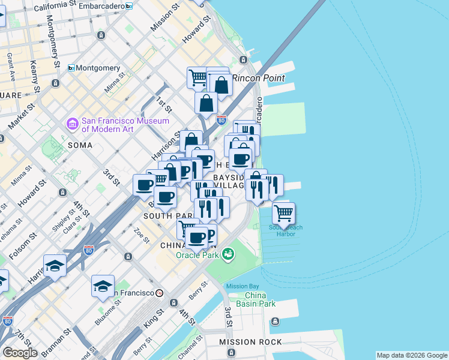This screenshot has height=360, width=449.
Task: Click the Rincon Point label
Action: pos(258,78)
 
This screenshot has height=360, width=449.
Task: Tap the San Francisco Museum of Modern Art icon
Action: pos(73,124)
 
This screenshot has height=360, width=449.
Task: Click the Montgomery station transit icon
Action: pos(71,68)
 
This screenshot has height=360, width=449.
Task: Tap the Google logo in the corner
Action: pos(20,352)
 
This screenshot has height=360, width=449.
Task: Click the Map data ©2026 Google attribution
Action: pos(412,355)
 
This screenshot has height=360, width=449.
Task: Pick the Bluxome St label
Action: pos(107,314)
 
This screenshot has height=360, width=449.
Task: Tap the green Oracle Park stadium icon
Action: pos(227,254)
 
